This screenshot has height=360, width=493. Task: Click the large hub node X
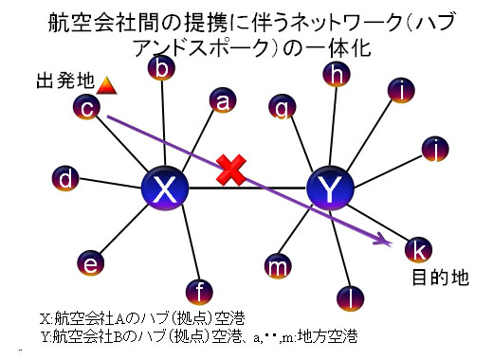[x=165, y=188]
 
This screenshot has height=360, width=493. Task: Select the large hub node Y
[x=330, y=188]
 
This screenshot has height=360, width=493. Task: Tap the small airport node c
[x=86, y=107]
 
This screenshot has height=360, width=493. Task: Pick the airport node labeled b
[x=161, y=67]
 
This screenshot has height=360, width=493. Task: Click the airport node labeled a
[x=223, y=100]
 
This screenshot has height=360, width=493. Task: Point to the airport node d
[x=65, y=178]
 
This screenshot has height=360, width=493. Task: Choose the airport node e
[x=91, y=263]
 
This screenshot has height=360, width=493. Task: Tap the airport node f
[x=199, y=292]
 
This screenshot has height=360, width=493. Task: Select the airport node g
[x=283, y=107]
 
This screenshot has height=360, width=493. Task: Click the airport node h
[x=337, y=74]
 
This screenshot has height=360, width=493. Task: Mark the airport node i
[x=401, y=90]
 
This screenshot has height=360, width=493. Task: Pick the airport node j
[x=435, y=149]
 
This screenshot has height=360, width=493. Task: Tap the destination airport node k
[x=419, y=250]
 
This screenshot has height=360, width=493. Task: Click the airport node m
[x=278, y=266]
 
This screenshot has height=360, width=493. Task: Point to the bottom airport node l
[x=351, y=298]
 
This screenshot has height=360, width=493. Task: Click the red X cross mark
[x=231, y=171]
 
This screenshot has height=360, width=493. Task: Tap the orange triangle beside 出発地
[x=106, y=85]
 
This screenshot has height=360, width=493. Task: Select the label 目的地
[x=441, y=278]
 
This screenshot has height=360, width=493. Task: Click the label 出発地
[x=65, y=81]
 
